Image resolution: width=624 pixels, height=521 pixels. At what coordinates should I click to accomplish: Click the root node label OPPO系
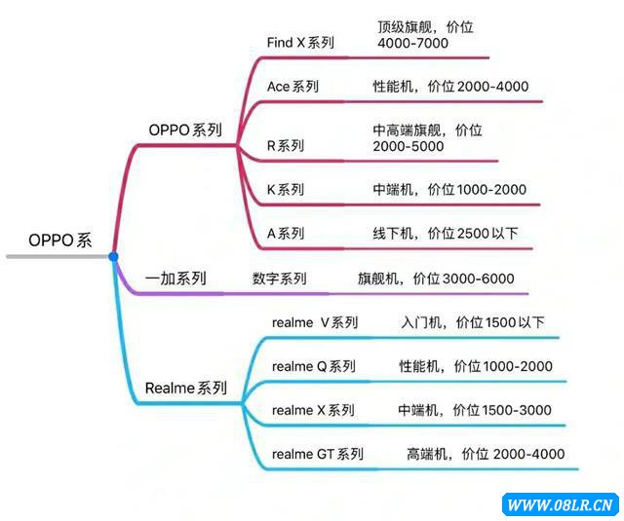click(60, 241)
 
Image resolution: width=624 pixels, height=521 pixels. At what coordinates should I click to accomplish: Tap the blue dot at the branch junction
click(113, 256)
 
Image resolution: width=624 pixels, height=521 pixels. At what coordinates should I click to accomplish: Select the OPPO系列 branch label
click(185, 130)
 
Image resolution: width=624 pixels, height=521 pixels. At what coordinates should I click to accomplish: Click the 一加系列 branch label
click(175, 279)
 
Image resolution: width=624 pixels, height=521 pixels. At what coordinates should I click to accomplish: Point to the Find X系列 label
click(300, 42)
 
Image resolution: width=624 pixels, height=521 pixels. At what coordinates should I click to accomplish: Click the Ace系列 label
click(292, 87)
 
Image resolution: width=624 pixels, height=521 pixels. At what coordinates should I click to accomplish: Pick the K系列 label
click(286, 190)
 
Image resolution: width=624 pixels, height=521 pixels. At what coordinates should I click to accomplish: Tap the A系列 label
click(286, 234)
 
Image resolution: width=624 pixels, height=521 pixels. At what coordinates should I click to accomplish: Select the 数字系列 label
click(280, 279)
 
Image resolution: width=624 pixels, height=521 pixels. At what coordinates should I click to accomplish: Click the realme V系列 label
click(314, 323)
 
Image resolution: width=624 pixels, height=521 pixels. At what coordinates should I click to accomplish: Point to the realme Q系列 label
click(313, 367)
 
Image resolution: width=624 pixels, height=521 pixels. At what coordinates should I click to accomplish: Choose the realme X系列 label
click(313, 411)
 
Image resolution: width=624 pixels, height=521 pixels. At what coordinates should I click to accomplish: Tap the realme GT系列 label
click(318, 454)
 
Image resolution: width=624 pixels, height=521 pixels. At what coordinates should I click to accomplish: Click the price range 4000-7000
click(413, 45)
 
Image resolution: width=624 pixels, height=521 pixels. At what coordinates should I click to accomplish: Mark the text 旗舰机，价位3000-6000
click(435, 279)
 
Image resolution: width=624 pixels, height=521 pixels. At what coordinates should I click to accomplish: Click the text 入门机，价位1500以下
click(473, 323)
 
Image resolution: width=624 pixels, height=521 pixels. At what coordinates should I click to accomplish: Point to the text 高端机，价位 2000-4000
click(486, 454)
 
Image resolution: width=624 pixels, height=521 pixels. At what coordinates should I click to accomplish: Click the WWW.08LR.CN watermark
click(561, 504)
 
